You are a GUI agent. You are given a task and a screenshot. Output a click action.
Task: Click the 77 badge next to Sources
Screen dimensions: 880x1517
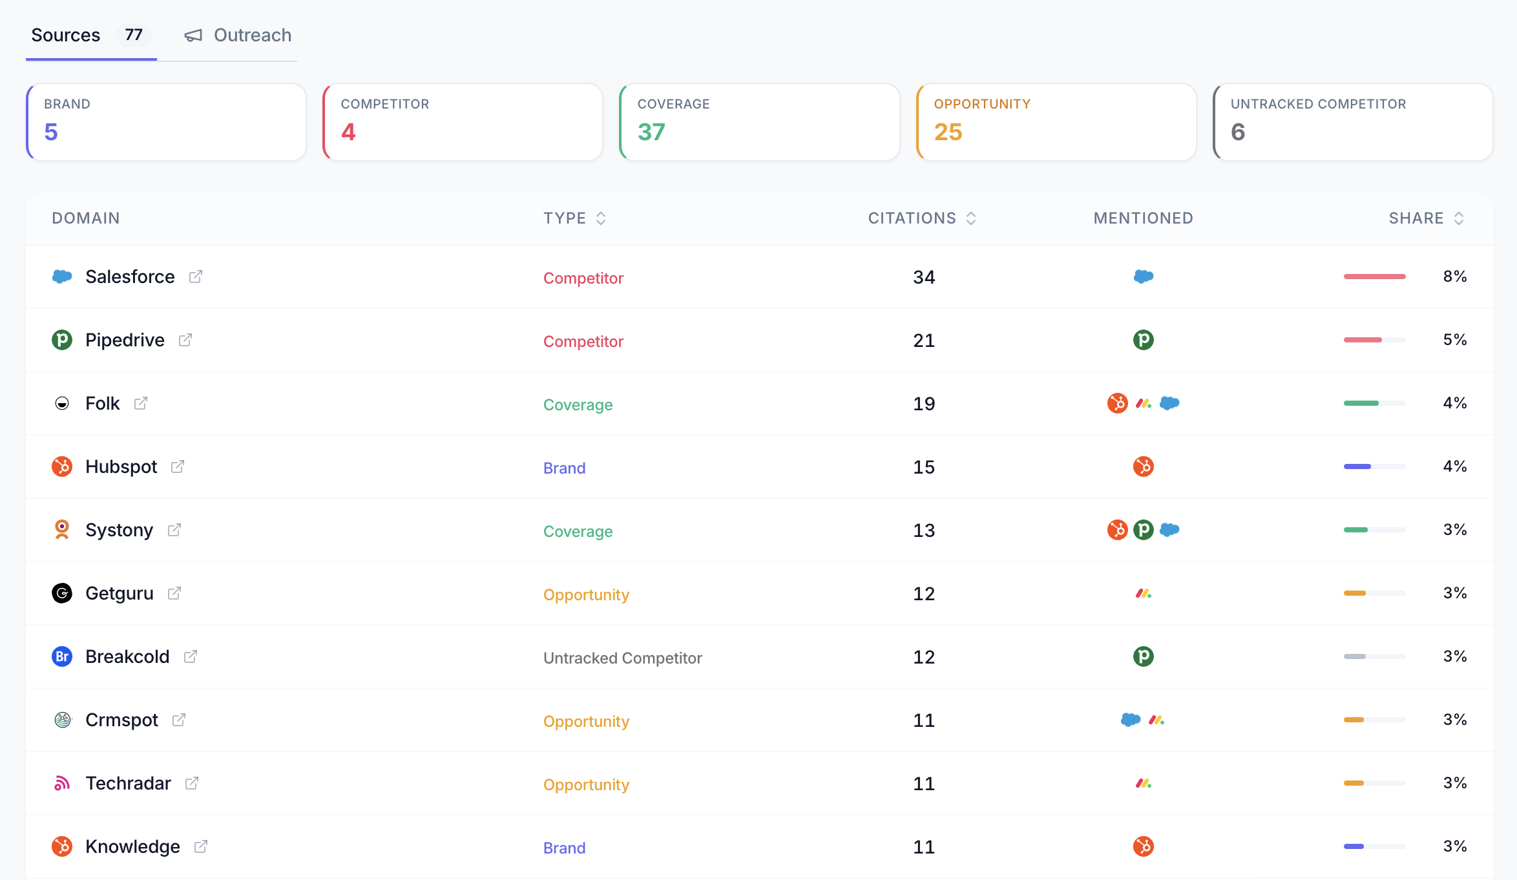point(134,35)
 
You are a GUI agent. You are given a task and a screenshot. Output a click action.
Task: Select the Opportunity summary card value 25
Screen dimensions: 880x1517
point(948,132)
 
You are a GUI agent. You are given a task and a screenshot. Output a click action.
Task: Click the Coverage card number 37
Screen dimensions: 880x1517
point(651,132)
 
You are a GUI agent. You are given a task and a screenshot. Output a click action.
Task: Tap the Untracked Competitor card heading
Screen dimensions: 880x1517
point(1318,104)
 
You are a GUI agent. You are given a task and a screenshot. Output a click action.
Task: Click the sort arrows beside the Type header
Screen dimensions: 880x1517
point(601,218)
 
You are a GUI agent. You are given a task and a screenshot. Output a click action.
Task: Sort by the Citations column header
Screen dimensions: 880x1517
point(912,218)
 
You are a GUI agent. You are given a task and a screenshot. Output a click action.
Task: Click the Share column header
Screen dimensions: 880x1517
point(1416,218)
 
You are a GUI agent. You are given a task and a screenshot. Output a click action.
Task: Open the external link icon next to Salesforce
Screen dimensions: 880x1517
point(196,277)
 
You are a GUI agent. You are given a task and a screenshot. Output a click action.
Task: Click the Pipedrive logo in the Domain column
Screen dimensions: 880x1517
point(62,340)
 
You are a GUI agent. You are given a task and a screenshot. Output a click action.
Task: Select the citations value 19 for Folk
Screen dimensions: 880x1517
point(924,404)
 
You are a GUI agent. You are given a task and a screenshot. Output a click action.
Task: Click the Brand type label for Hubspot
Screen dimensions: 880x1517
point(564,468)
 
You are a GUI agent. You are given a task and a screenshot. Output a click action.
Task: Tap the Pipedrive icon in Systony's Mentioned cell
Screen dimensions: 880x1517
point(1144,530)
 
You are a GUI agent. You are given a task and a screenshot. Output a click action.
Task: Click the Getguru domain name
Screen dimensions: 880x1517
point(120,593)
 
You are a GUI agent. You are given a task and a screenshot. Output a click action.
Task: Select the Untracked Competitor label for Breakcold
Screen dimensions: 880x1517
point(622,658)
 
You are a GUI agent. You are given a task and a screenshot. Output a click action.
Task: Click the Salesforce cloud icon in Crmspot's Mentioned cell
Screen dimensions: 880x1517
point(1130,720)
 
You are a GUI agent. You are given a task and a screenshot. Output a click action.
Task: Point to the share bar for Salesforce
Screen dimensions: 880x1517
point(1374,277)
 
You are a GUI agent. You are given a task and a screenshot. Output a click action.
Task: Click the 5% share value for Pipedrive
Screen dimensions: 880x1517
point(1454,340)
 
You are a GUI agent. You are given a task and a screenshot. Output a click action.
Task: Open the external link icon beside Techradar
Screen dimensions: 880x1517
point(192,783)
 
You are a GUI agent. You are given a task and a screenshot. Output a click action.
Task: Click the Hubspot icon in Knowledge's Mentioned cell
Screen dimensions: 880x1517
point(1144,846)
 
